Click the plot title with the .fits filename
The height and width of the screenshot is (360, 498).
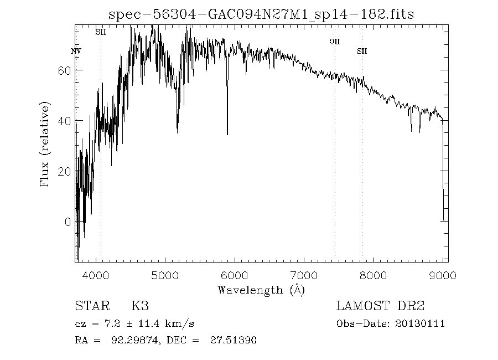(261, 14)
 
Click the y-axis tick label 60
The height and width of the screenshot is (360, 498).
(65, 70)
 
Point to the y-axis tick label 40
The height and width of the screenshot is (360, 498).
(65, 121)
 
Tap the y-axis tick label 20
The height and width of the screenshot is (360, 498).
(65, 171)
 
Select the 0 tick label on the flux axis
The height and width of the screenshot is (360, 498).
(68, 222)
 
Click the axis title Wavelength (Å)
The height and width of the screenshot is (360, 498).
(261, 290)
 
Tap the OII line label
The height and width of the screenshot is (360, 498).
(334, 41)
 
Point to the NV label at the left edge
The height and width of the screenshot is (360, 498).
(76, 51)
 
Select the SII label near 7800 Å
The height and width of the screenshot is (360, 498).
(362, 51)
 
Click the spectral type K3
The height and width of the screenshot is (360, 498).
(139, 306)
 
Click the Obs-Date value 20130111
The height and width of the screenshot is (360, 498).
(421, 323)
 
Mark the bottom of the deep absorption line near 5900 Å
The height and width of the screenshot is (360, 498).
(227, 134)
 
